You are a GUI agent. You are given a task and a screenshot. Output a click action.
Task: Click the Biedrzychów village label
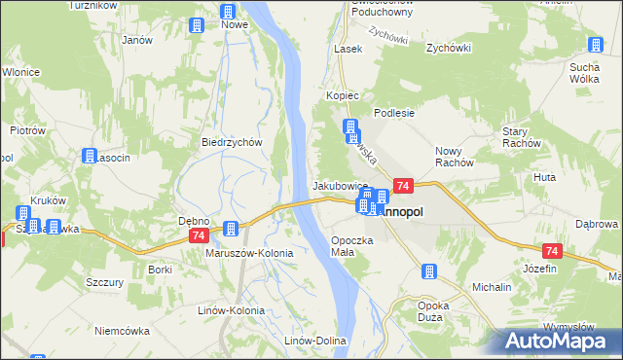coord(233,141)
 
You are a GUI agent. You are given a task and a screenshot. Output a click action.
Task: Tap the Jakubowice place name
coord(340,185)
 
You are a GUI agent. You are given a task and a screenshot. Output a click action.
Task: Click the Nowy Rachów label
coord(460,157)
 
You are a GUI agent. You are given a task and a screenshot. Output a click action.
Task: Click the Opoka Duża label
coord(430,310)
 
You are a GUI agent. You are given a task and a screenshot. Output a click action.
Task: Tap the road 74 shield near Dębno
coord(199,236)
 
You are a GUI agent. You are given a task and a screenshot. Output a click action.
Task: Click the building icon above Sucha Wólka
coord(596,45)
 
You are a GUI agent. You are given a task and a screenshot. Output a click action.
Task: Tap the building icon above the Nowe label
coord(228,13)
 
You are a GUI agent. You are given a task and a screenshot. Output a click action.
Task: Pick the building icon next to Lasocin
coord(90,156)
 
